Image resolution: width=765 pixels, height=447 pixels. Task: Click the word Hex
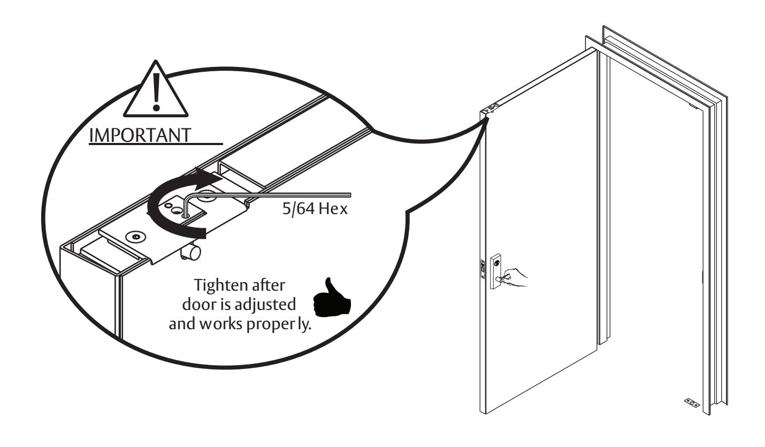tap(335, 209)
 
